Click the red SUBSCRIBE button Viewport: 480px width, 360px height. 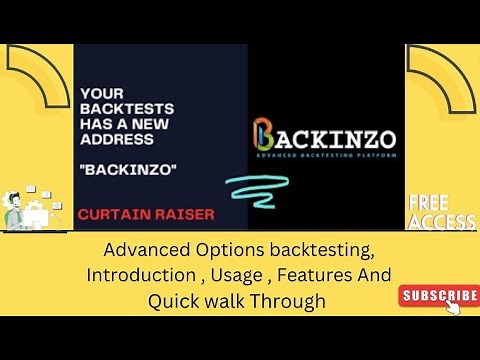[x=440, y=295]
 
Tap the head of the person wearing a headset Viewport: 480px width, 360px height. [x=19, y=196]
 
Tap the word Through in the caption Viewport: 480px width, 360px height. [x=289, y=301]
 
